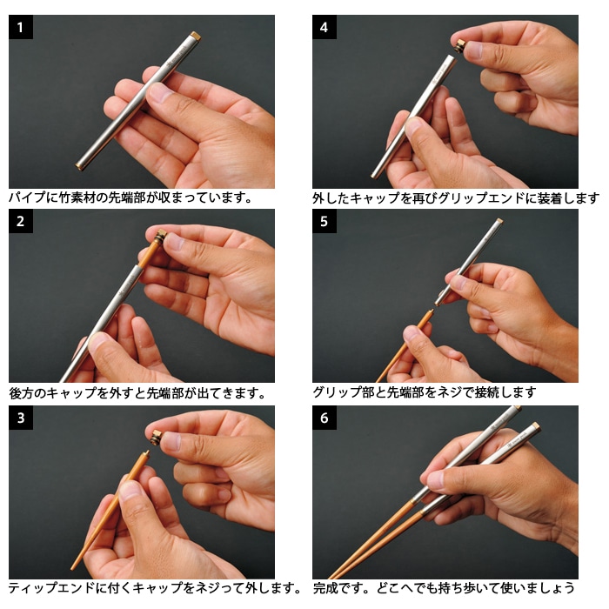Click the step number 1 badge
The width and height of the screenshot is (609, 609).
21,27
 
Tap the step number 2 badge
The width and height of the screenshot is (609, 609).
21,221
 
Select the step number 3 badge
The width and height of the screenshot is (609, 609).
21,418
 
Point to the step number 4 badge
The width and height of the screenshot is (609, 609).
325,27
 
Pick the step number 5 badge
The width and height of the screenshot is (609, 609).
325,221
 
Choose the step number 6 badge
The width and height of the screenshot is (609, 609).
325,418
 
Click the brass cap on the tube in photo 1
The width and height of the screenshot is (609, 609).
196,37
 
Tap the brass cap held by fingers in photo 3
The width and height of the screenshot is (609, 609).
156,438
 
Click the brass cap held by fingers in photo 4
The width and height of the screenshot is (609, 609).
460,47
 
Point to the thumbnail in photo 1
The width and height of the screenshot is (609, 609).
159,91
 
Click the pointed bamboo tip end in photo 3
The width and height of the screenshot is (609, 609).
72,568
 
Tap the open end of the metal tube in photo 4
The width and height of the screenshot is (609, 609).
450,58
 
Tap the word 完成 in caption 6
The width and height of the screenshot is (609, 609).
325,588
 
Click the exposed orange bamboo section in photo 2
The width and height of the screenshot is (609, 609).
148,253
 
